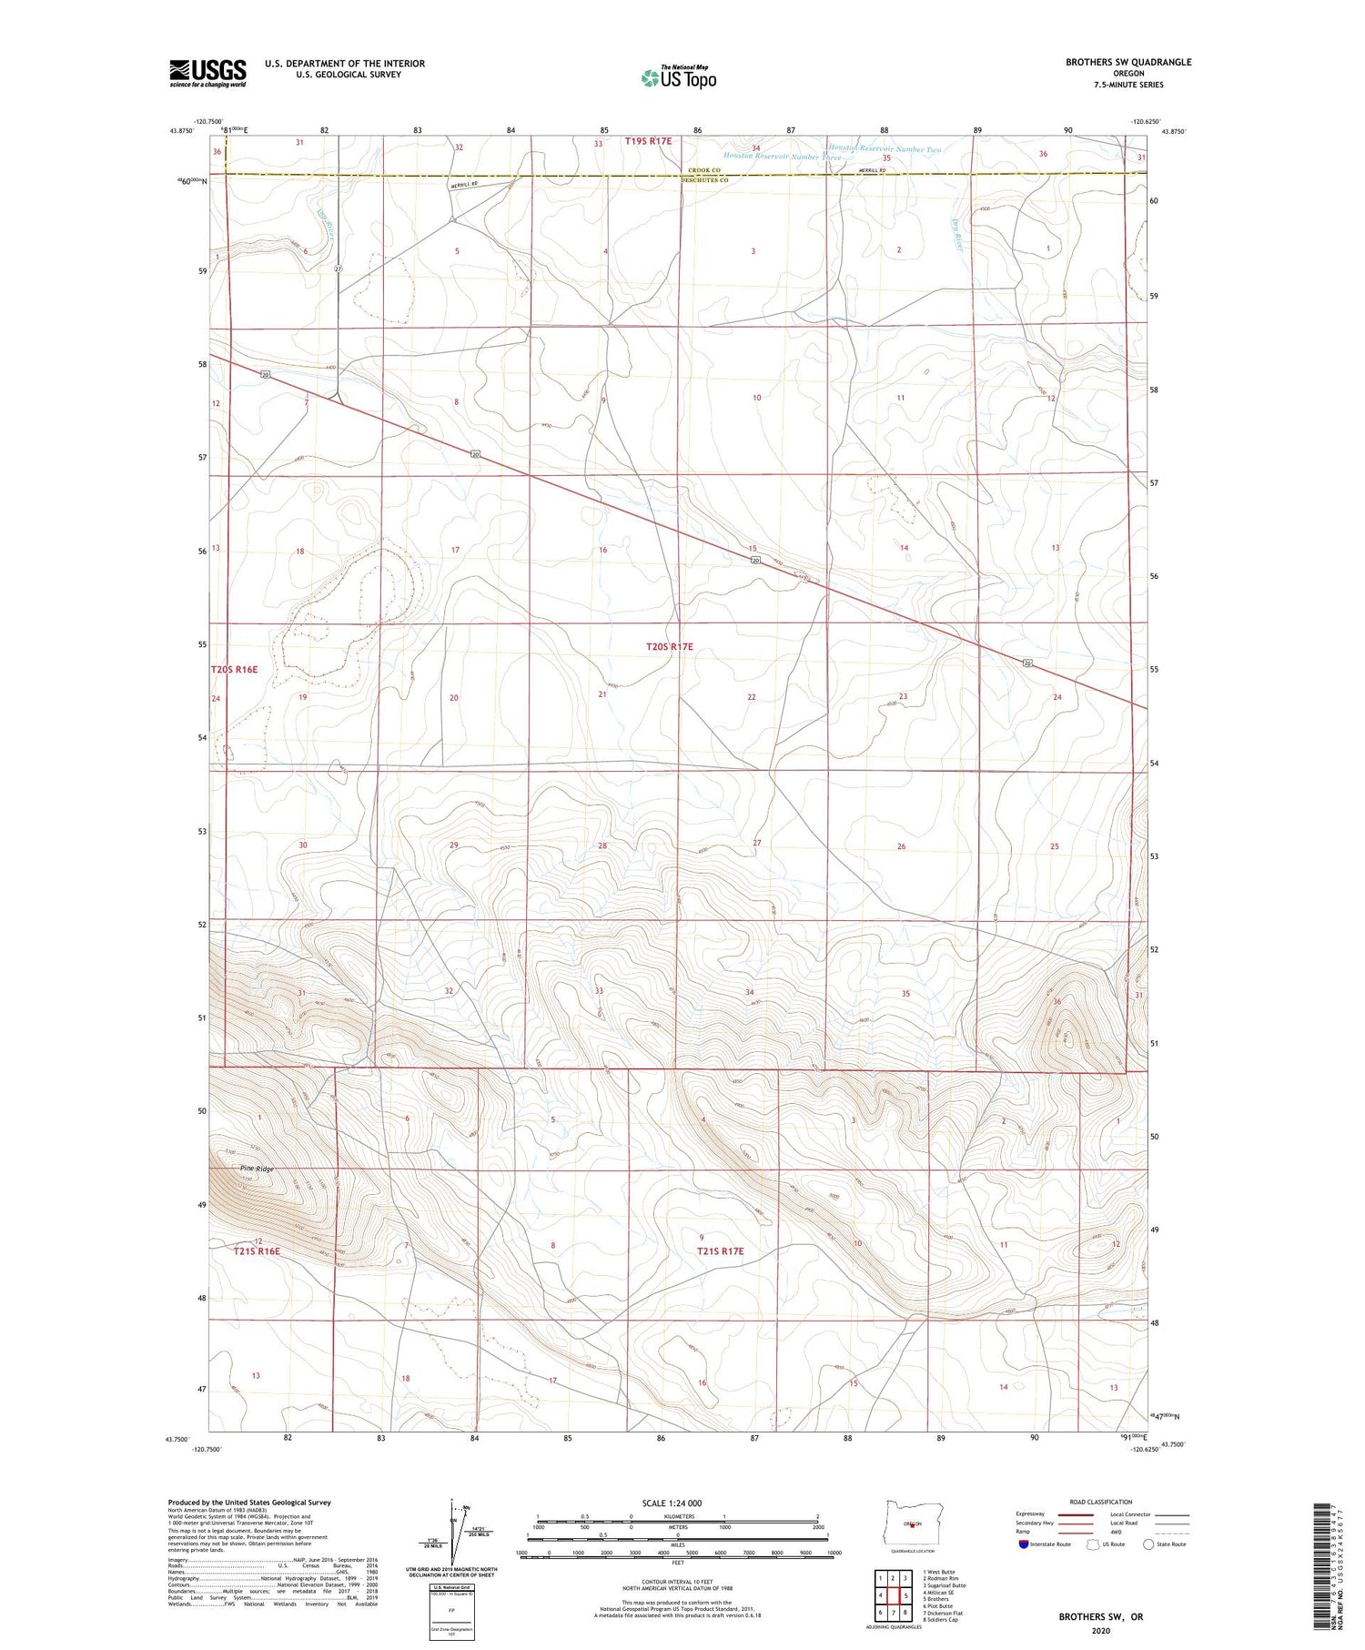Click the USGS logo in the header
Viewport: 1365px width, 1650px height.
pos(207,73)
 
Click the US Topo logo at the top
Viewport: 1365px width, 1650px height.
pos(678,78)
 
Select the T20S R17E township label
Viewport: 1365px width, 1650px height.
pos(670,646)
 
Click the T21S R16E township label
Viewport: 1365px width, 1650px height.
pos(257,1251)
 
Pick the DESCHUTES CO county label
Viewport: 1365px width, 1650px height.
pos(706,180)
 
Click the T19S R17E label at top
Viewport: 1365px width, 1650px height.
pos(648,141)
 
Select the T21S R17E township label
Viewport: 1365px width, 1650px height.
pos(721,1251)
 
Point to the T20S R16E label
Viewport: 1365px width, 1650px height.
pos(234,669)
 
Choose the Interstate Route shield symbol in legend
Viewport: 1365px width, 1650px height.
pos(1024,1544)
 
